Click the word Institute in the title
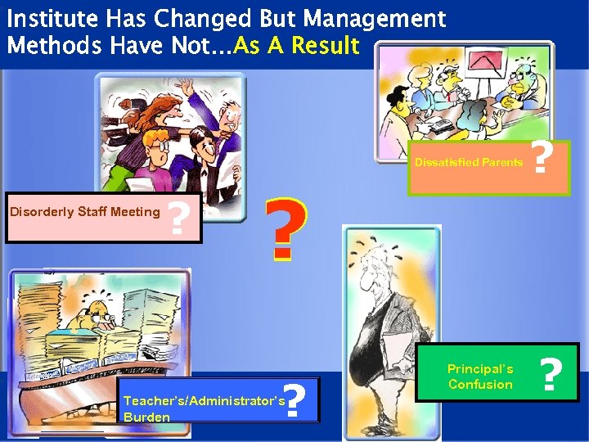pos(52,18)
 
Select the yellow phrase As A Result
pos(296,45)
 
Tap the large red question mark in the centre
pos(289,229)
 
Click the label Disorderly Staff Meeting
pos(84,212)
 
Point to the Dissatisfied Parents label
pos(469,162)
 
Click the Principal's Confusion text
pos(480,377)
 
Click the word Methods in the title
pos(49,45)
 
